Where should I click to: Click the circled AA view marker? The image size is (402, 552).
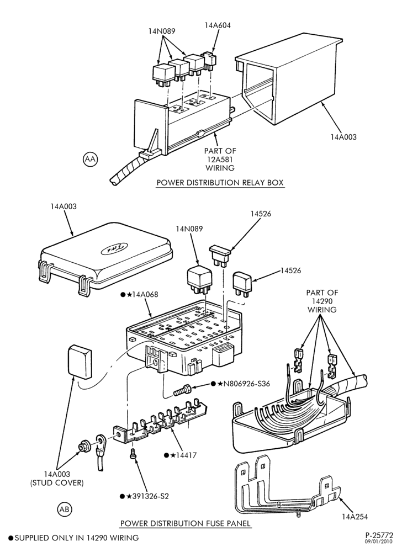pos(91,159)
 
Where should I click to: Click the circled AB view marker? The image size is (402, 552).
pos(64,509)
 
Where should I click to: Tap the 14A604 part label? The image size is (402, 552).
pos(218,25)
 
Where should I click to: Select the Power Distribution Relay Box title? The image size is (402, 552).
pos(220,183)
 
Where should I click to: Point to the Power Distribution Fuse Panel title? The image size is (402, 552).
pos(186,523)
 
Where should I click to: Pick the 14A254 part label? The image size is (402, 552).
pos(355,517)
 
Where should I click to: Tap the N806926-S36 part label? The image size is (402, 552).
pos(244,384)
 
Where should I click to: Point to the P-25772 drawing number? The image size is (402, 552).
pos(382,535)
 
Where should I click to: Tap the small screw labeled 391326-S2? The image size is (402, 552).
pos(133,453)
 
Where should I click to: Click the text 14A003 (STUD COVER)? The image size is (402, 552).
pos(57,479)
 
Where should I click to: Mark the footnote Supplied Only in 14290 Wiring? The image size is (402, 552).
pos(73,538)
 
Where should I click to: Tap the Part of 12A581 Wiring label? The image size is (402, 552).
pos(220,159)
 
